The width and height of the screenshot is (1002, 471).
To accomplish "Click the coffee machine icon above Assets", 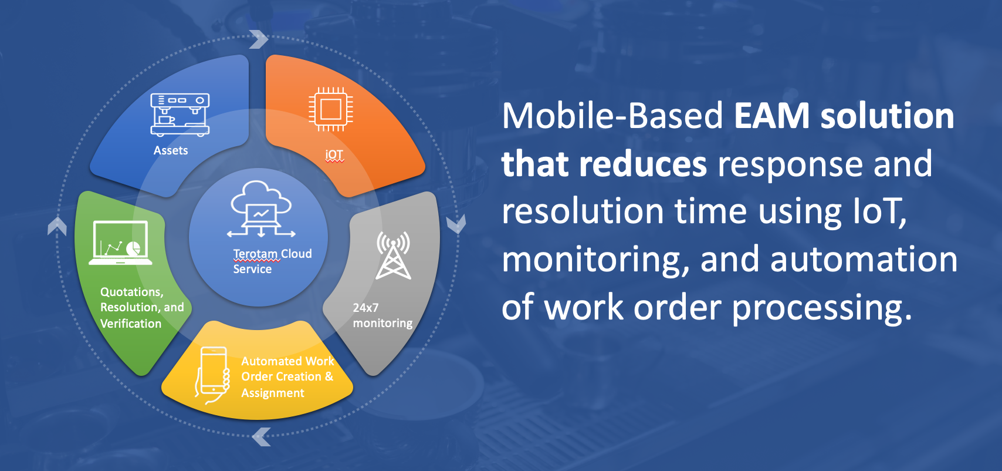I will click(180, 115).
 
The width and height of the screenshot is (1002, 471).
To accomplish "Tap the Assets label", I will click(171, 150).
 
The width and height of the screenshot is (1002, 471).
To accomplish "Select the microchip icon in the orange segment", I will click(331, 109).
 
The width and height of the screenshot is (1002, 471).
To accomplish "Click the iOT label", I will click(334, 154).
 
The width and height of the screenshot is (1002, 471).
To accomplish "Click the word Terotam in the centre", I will click(256, 254).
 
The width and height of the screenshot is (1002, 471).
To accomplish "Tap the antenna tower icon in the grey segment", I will click(393, 255).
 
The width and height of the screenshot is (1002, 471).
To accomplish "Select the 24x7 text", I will click(365, 308).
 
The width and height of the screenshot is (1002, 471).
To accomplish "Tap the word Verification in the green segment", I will click(131, 324).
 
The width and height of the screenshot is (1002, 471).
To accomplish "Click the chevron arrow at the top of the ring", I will click(259, 39).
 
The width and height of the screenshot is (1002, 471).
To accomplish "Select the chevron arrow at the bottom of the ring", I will click(262, 436).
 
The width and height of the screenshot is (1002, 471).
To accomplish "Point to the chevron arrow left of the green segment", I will click(57, 226).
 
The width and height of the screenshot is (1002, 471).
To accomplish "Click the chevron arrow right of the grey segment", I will click(456, 224).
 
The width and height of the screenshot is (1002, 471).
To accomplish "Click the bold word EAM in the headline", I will click(772, 116).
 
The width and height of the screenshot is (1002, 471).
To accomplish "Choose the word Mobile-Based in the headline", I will click(612, 116).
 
